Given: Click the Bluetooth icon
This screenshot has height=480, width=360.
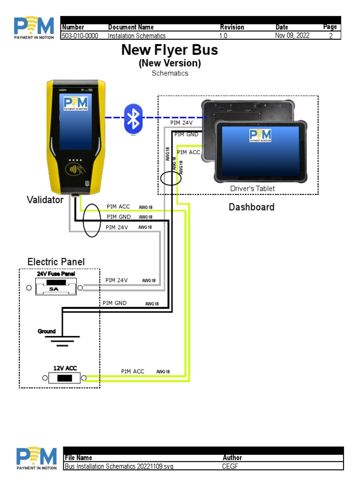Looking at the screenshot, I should [134, 119].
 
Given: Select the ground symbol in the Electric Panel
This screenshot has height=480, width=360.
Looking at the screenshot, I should [62, 340].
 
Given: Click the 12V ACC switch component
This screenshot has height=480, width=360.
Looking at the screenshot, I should [64, 378].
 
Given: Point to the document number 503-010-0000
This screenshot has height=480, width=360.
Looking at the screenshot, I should [80, 36].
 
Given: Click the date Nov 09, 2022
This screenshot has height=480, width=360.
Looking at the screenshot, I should [292, 36].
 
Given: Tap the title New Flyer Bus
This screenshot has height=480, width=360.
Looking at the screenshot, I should [170, 50].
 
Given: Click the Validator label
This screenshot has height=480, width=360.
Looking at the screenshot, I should [45, 200].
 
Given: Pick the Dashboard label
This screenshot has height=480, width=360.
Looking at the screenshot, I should [251, 207].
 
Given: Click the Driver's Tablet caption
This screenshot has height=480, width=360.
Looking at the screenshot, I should [252, 188].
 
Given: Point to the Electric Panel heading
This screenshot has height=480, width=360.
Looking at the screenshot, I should [56, 262].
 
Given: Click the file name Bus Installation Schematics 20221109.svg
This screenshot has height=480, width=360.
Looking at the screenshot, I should [119, 467].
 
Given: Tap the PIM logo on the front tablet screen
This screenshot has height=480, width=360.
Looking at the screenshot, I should [260, 135].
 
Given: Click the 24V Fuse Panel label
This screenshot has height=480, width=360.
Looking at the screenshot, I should [55, 274].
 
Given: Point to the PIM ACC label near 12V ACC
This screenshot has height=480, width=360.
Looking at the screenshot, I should [133, 371].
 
